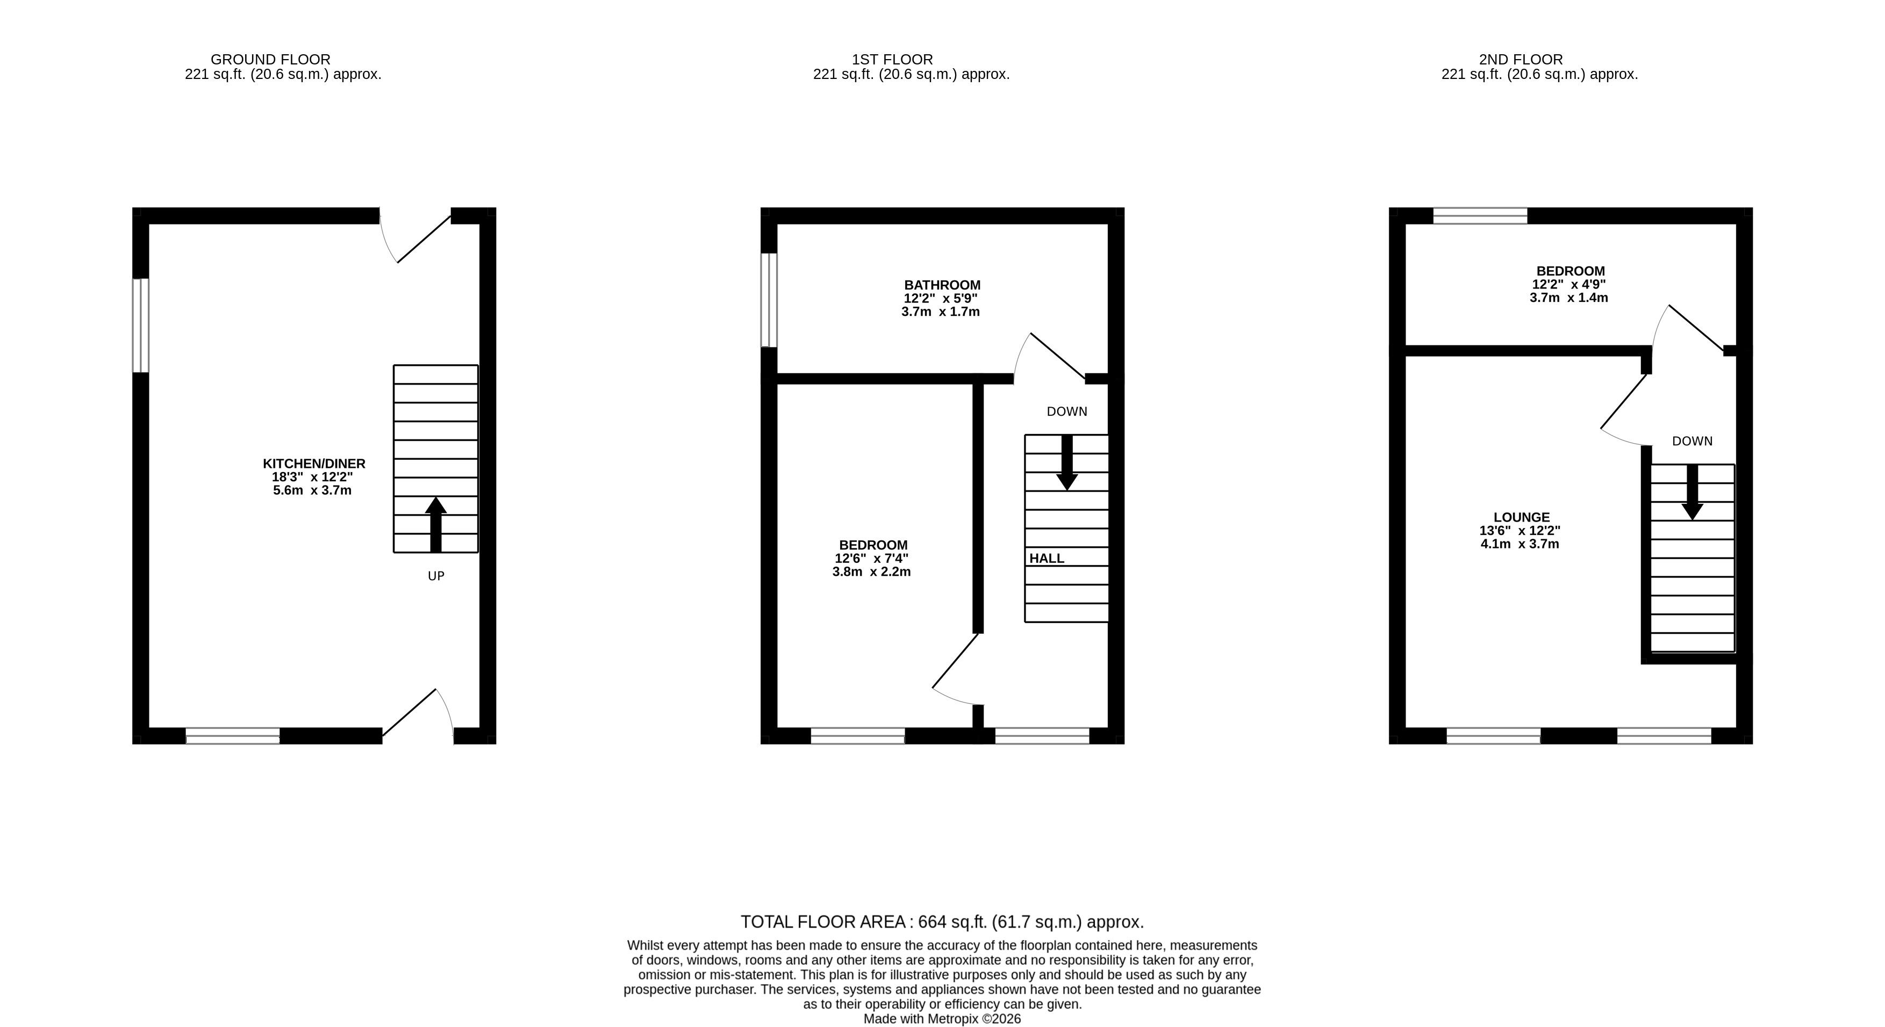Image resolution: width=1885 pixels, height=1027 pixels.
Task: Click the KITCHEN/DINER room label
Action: tap(314, 463)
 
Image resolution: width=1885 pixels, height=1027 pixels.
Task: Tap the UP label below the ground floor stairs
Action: tap(436, 576)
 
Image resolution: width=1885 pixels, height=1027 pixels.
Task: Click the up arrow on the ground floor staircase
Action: tap(436, 524)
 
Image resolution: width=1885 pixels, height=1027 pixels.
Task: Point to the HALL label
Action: tap(1047, 558)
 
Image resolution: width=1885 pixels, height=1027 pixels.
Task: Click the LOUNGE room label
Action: tap(1521, 517)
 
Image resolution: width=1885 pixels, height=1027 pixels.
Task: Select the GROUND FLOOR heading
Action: tap(271, 59)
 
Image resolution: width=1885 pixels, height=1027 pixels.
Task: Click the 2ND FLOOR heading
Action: tap(1521, 59)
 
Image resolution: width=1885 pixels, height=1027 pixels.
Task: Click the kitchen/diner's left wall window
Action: tap(140, 326)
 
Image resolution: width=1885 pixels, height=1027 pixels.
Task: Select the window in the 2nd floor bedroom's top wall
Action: tap(1480, 216)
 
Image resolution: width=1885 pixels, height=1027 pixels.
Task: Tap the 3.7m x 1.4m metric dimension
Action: tap(1569, 298)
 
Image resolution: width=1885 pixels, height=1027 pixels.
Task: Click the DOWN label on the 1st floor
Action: tap(1067, 412)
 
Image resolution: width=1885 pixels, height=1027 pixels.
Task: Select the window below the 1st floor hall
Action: tap(1042, 736)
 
